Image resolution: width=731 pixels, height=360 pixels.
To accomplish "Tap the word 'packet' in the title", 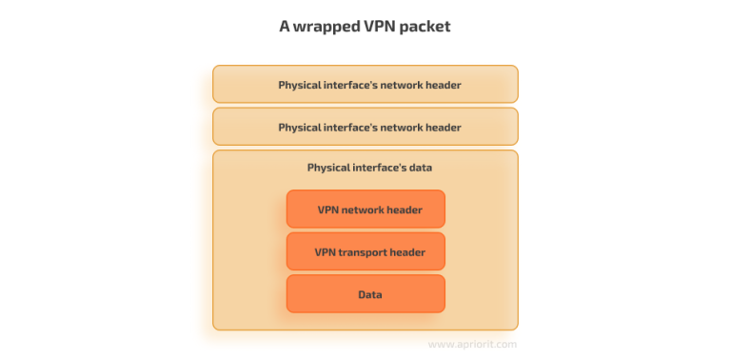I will [x=425, y=27].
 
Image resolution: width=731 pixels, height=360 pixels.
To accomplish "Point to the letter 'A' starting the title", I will [x=285, y=27].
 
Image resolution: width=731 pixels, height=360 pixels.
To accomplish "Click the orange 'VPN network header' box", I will [x=365, y=210].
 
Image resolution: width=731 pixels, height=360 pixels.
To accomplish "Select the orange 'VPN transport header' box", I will [x=365, y=252].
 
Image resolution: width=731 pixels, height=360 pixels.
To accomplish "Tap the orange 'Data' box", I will [x=365, y=294].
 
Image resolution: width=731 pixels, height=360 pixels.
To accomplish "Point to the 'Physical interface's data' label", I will [x=369, y=168].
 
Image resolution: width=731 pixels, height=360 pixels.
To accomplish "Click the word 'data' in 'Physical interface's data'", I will [x=419, y=168].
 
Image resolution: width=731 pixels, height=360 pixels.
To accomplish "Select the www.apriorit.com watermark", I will [x=473, y=344].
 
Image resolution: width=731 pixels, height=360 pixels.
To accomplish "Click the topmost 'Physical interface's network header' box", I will [x=365, y=85].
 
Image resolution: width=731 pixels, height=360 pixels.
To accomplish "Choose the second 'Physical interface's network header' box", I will [x=365, y=127].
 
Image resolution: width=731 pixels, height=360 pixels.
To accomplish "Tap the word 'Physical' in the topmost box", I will [x=301, y=85].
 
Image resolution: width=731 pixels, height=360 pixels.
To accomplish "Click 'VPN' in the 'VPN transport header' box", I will [x=326, y=252].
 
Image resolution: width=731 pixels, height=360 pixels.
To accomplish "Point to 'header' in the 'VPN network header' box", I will [x=404, y=210].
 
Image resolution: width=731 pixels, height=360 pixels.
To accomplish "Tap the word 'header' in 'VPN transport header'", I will [x=406, y=252].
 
